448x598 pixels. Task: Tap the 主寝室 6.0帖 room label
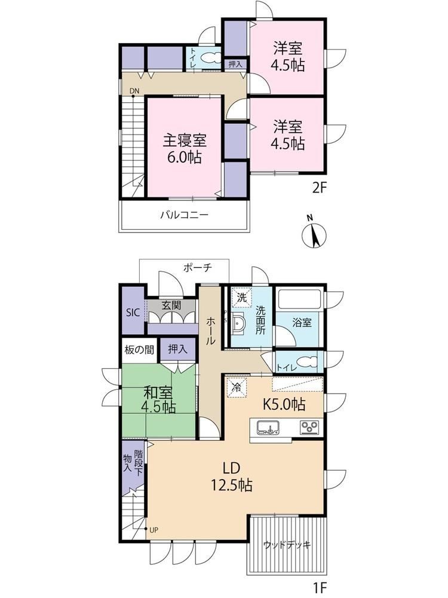(185, 148)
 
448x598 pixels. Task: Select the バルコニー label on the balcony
(184, 215)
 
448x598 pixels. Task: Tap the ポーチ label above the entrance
(197, 267)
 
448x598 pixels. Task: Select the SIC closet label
(133, 313)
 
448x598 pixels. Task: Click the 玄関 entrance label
(171, 305)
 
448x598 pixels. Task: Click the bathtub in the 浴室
(299, 299)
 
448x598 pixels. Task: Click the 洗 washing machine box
(241, 297)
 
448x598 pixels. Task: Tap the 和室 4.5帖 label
(158, 399)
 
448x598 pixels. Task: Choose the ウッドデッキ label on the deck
(287, 544)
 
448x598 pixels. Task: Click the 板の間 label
(139, 349)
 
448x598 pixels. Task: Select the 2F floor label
(320, 188)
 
